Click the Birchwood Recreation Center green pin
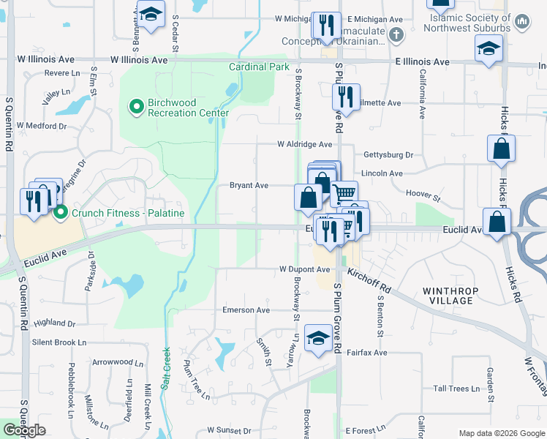(136, 108)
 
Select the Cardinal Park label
(260, 67)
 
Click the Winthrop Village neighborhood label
(451, 296)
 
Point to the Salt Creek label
(166, 367)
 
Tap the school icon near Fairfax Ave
(318, 339)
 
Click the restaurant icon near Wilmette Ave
(345, 97)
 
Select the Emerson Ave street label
(246, 310)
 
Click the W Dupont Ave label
(304, 269)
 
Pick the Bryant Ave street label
(249, 186)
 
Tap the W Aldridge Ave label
(304, 145)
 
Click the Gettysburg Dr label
(388, 155)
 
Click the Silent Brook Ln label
(59, 342)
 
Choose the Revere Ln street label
(62, 73)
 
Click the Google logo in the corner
(24, 430)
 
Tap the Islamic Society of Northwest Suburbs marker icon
(522, 23)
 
